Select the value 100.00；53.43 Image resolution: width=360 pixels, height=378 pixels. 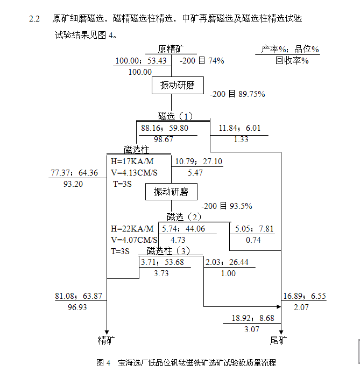(141, 61)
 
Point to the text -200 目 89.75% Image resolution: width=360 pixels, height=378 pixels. (237, 94)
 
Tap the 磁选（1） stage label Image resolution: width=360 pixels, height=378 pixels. (175, 116)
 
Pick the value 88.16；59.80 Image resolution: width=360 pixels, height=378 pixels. (165, 128)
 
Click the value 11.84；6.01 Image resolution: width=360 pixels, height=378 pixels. (239, 128)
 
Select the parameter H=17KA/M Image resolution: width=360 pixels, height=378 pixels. (132, 162)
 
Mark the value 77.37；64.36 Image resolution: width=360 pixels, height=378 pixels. (74, 173)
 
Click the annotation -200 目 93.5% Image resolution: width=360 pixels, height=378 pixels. (227, 206)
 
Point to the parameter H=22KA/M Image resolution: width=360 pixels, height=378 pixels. (132, 229)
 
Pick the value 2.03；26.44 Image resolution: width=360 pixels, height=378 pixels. (227, 262)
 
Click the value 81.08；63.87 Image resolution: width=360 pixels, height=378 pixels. (78, 296)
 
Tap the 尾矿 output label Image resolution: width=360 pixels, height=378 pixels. (279, 340)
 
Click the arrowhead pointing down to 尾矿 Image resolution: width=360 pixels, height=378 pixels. (281, 332)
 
